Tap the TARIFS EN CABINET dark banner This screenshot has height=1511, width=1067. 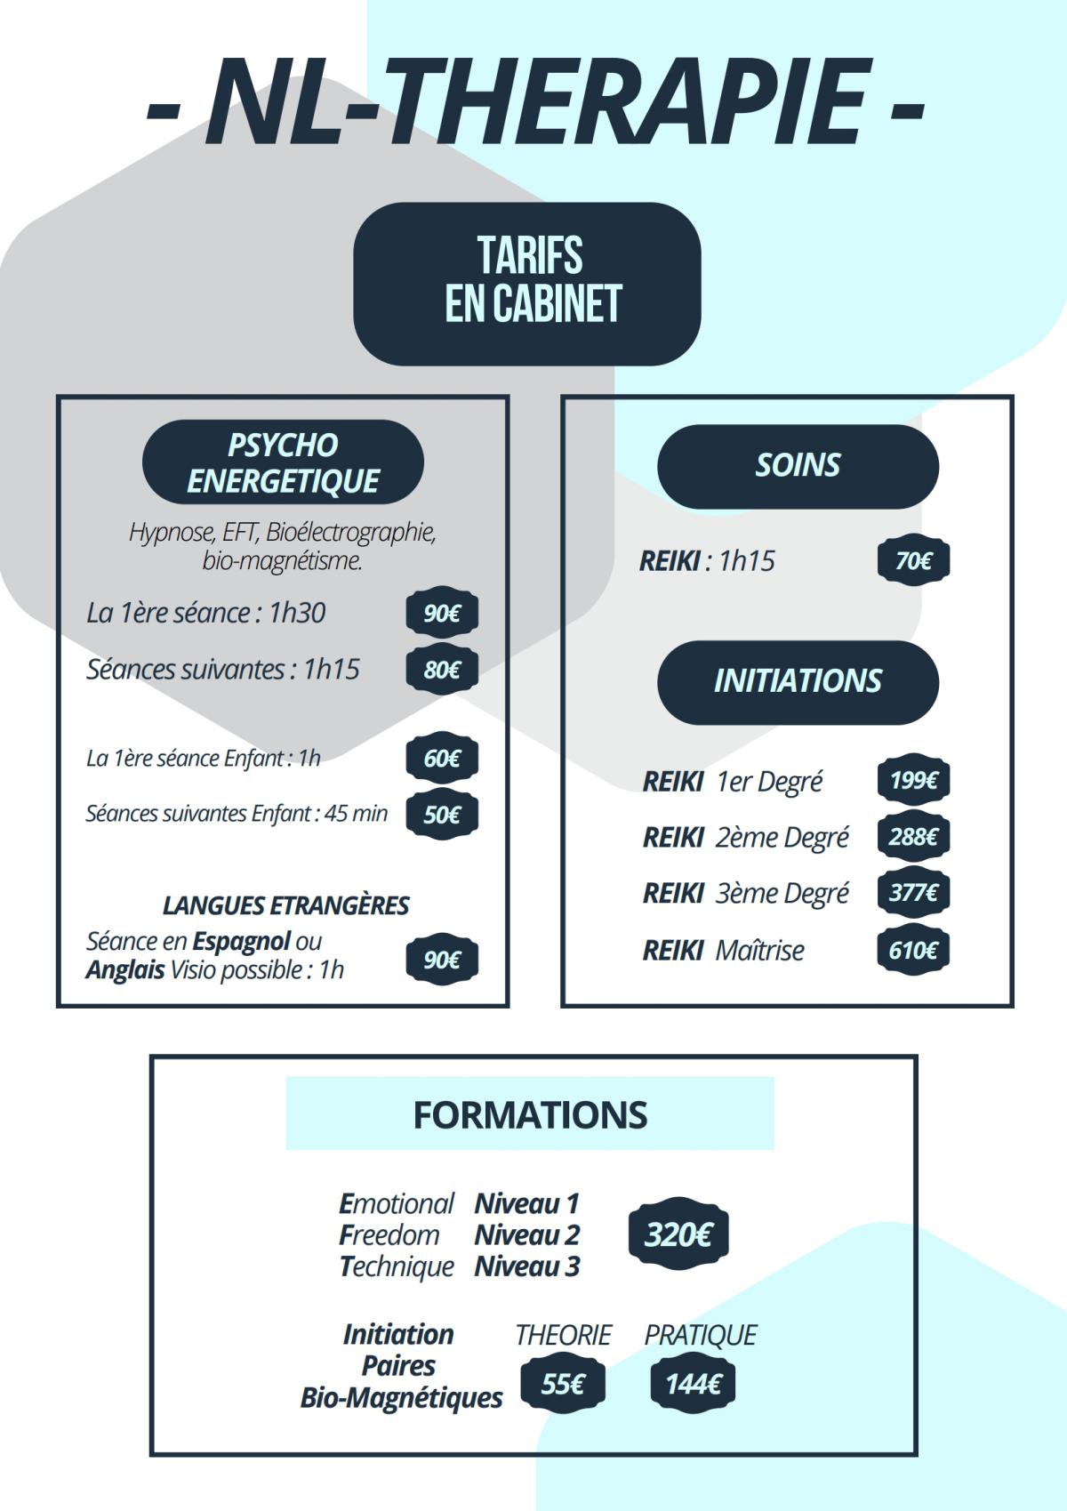click(527, 283)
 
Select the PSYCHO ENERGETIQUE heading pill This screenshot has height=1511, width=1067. click(283, 462)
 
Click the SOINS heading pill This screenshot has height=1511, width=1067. click(798, 465)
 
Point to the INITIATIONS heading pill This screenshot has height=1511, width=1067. click(798, 681)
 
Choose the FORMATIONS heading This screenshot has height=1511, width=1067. click(530, 1114)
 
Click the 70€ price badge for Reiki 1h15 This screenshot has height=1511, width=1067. click(913, 561)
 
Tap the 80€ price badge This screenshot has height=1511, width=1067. click(441, 670)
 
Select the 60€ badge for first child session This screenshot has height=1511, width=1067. click(441, 759)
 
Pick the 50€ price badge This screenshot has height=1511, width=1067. click(441, 815)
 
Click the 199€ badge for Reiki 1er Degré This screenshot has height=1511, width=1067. click(913, 781)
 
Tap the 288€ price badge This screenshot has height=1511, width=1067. click(913, 837)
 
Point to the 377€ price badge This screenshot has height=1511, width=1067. click(913, 892)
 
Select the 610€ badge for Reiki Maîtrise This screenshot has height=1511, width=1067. click(913, 950)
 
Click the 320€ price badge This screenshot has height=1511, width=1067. click(678, 1234)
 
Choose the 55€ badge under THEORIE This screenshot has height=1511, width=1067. click(562, 1384)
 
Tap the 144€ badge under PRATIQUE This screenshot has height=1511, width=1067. click(693, 1384)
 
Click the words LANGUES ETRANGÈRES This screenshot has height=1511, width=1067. click(285, 905)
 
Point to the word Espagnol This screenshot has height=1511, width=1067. click(241, 941)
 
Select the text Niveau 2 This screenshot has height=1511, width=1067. click(526, 1234)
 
